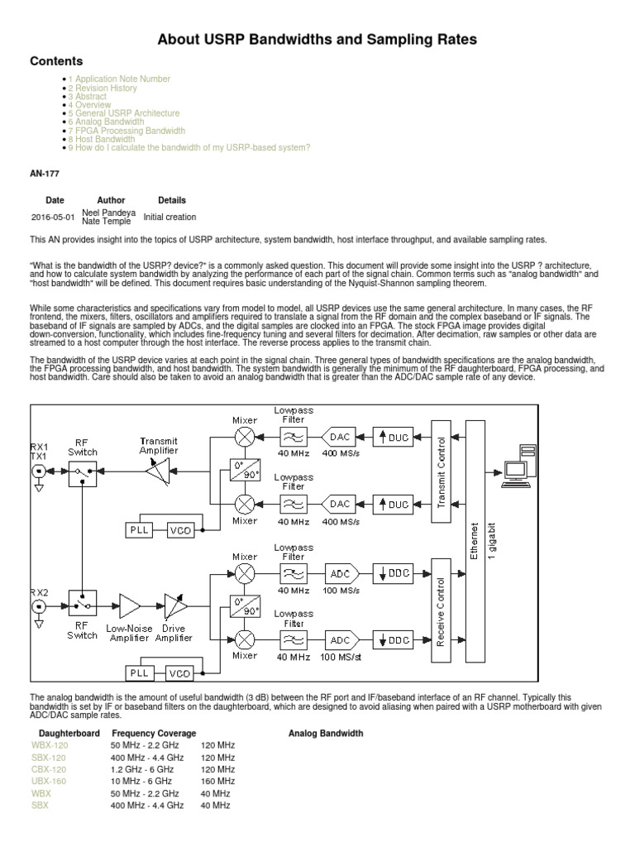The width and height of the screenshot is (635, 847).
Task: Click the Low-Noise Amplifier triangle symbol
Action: coord(129,606)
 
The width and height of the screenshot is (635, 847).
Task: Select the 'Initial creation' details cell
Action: coord(169,218)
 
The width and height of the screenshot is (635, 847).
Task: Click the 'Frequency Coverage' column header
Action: coord(155,733)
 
